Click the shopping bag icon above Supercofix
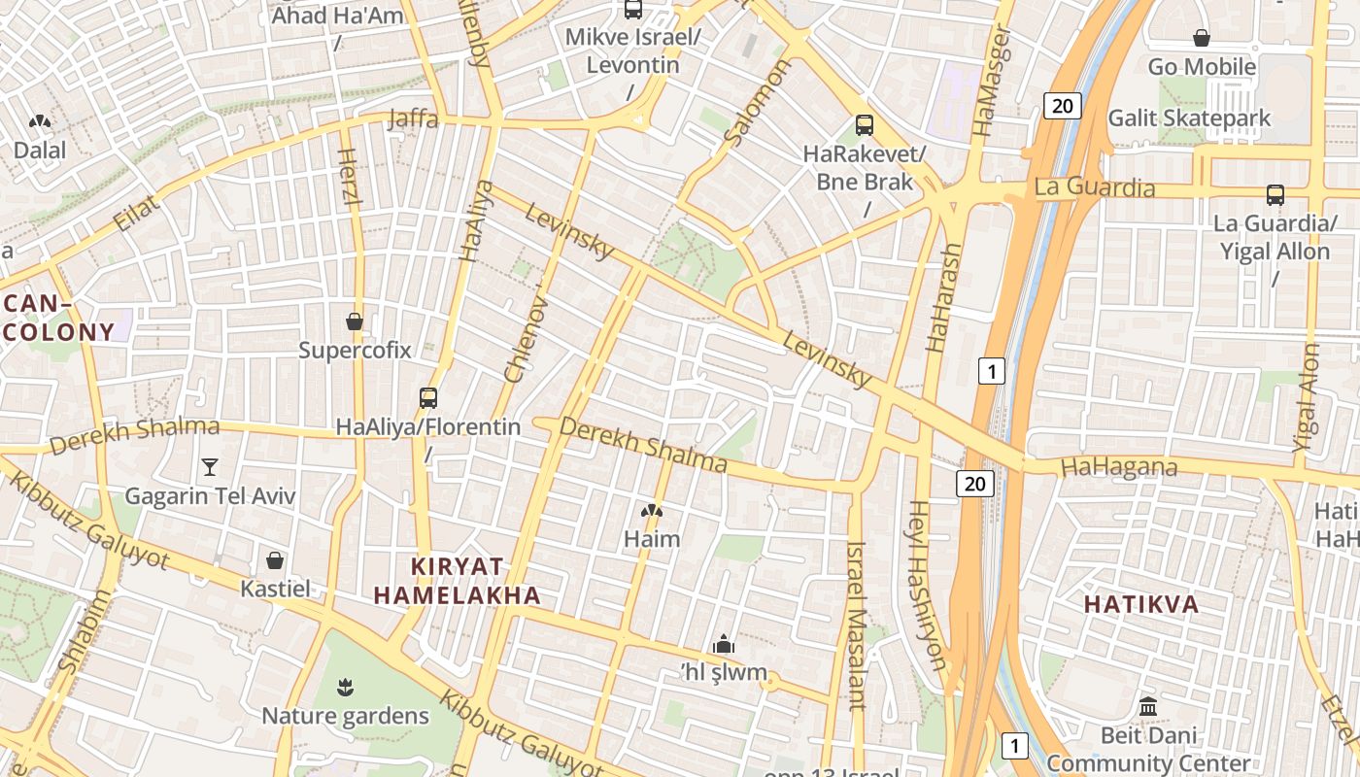355,321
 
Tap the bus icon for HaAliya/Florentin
428,397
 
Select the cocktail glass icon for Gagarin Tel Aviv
209,467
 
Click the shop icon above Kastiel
275,560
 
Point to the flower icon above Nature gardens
344,689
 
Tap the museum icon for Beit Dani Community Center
1148,706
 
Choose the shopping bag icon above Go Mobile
1202,39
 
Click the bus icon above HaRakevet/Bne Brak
865,125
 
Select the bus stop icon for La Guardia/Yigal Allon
1275,195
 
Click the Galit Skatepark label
1189,118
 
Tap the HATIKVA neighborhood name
1141,604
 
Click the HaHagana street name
1119,467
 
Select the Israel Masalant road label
856,625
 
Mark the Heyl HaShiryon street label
927,585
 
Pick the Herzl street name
350,176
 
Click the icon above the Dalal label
40,122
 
